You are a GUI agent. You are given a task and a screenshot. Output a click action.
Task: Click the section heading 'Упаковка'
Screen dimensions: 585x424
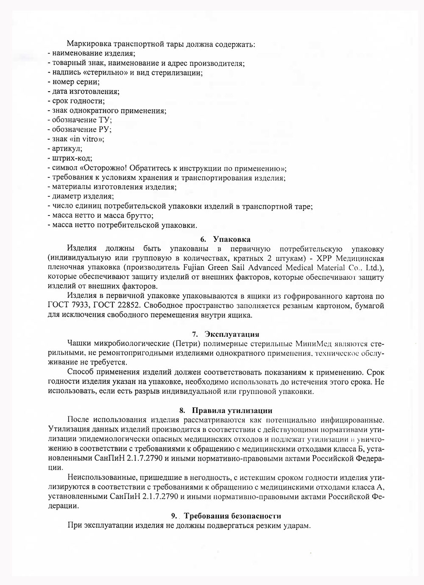tap(232, 239)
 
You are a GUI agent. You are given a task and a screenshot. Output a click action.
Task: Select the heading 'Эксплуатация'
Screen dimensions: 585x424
tap(232, 334)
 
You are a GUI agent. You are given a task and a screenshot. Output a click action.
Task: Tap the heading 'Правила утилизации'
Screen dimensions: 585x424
tap(232, 410)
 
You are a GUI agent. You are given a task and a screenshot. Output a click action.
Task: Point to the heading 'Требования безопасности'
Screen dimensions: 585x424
tap(232, 516)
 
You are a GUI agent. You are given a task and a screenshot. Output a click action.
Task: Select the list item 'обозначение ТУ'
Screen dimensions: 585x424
tap(82, 120)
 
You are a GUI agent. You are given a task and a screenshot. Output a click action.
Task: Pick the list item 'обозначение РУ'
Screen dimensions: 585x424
tap(82, 129)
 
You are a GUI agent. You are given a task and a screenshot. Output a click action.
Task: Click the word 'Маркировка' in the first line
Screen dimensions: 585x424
tap(87, 44)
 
